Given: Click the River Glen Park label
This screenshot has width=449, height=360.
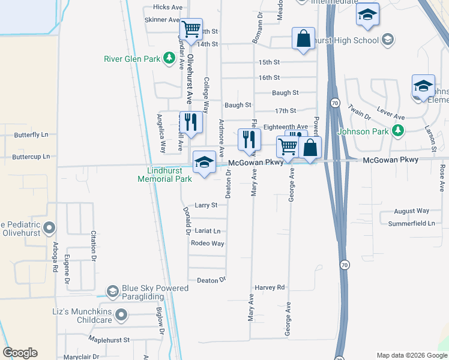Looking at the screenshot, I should click(131, 59).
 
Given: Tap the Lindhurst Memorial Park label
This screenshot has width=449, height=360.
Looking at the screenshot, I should click(164, 175).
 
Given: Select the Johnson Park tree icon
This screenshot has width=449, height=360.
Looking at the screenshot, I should click(397, 131).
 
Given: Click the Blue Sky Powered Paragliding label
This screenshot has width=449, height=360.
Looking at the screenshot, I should click(155, 292).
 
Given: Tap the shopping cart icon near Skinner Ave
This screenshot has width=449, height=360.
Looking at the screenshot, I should click(191, 28).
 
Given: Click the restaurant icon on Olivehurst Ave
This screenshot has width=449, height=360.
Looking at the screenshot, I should click(188, 122).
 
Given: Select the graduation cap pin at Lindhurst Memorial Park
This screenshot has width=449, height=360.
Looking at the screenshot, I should click(204, 162).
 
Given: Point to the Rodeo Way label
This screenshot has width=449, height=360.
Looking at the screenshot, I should click(207, 244).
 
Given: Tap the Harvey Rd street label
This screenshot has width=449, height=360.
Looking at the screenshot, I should click(270, 288).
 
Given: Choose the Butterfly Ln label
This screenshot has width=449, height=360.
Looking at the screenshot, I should click(31, 135).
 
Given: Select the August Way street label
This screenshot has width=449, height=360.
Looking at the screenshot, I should click(412, 211).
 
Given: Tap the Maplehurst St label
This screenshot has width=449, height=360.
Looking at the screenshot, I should click(109, 340).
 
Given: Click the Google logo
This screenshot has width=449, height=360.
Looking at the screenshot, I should click(20, 353).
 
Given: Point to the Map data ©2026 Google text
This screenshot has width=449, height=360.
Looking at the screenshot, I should click(411, 355).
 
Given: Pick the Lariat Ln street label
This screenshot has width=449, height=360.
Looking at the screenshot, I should click(208, 231).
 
